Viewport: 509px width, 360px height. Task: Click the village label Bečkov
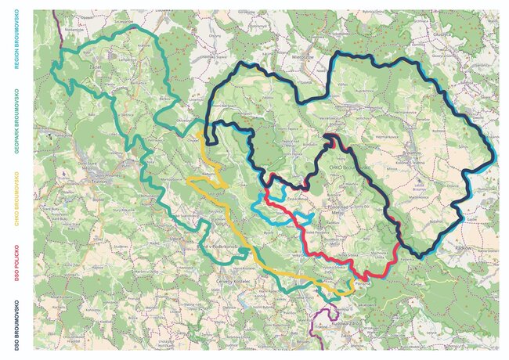(x=165, y=100)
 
